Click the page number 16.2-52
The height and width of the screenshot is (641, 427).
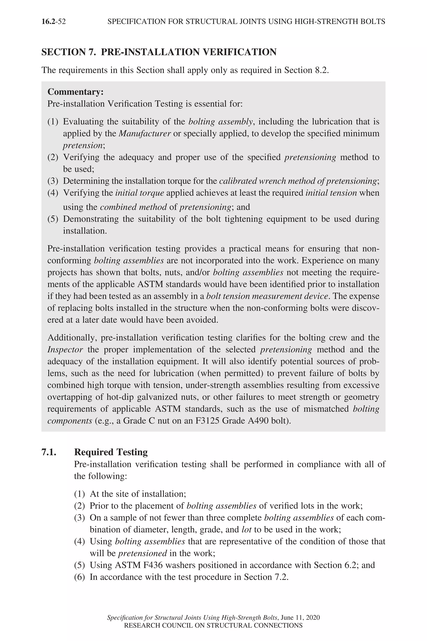click(53, 21)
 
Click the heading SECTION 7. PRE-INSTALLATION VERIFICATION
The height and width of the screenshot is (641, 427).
click(159, 52)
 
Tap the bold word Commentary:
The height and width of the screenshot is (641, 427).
click(75, 92)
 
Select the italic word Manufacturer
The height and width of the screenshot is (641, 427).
click(145, 134)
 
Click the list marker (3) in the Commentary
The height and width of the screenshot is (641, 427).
click(53, 181)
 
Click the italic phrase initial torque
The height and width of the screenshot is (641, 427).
click(139, 193)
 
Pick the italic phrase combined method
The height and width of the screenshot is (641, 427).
click(133, 207)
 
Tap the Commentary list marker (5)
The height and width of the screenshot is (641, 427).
click(53, 219)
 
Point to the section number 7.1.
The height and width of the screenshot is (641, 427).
click(49, 452)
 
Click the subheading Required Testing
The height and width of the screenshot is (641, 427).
click(111, 452)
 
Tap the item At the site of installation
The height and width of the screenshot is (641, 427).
click(138, 494)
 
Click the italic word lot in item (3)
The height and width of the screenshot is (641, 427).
click(246, 530)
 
